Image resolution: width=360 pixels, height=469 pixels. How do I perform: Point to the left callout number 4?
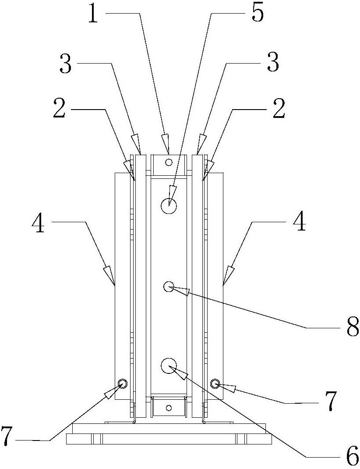click(x=38, y=222)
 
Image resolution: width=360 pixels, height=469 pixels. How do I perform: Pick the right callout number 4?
click(x=299, y=221)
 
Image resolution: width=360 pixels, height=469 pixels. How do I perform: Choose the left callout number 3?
click(x=66, y=63)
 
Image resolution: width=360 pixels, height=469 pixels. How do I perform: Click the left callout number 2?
click(x=60, y=108)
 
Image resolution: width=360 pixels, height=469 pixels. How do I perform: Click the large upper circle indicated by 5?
click(x=169, y=206)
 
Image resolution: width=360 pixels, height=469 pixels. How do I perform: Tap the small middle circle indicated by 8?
click(x=169, y=287)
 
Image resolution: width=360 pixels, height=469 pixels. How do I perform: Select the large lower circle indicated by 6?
click(x=169, y=366)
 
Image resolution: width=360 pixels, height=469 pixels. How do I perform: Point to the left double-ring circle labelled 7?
click(x=123, y=383)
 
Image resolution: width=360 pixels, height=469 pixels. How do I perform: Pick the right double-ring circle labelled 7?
click(x=215, y=383)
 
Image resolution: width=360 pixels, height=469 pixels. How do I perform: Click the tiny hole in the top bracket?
click(x=169, y=163)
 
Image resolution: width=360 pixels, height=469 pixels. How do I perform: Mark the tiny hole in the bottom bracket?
click(x=169, y=407)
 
